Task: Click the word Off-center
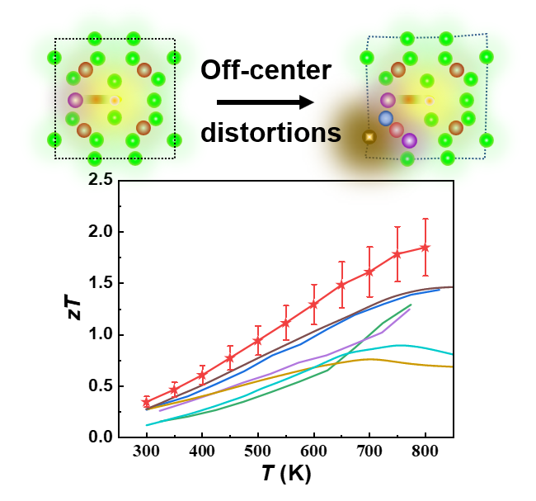[266, 72]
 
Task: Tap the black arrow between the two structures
[265, 102]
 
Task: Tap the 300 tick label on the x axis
[146, 453]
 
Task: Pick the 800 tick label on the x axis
[425, 453]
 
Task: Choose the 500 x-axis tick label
[257, 453]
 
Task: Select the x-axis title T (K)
[283, 476]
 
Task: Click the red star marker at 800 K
[426, 247]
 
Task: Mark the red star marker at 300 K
[147, 403]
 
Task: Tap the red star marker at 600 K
[313, 305]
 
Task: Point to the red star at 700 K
[369, 272]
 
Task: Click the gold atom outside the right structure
[369, 136]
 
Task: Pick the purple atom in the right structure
[409, 140]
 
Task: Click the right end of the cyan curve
[453, 354]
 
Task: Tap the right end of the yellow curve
[453, 366]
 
